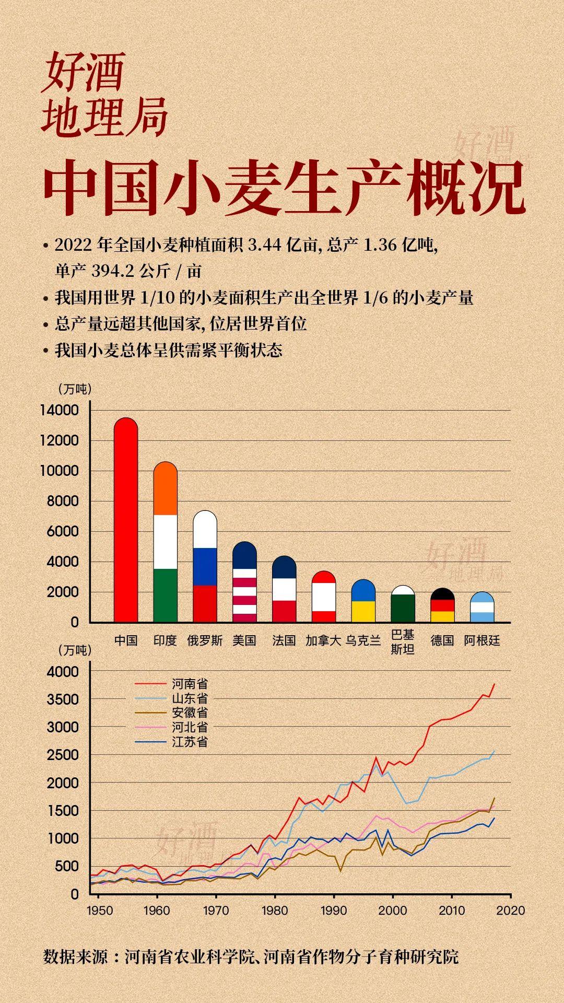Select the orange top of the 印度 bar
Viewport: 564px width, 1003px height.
coord(166,488)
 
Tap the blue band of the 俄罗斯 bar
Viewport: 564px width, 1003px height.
coord(205,566)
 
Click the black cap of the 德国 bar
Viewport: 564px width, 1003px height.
coord(442,594)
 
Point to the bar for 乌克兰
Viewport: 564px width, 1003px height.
coord(363,601)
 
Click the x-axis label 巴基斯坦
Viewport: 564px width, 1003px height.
coord(403,642)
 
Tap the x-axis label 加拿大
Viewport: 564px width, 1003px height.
coord(323,640)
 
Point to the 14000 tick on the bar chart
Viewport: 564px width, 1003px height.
coord(59,411)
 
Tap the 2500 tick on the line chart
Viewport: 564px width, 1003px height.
coord(63,755)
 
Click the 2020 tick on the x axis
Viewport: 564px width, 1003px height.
coord(510,911)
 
